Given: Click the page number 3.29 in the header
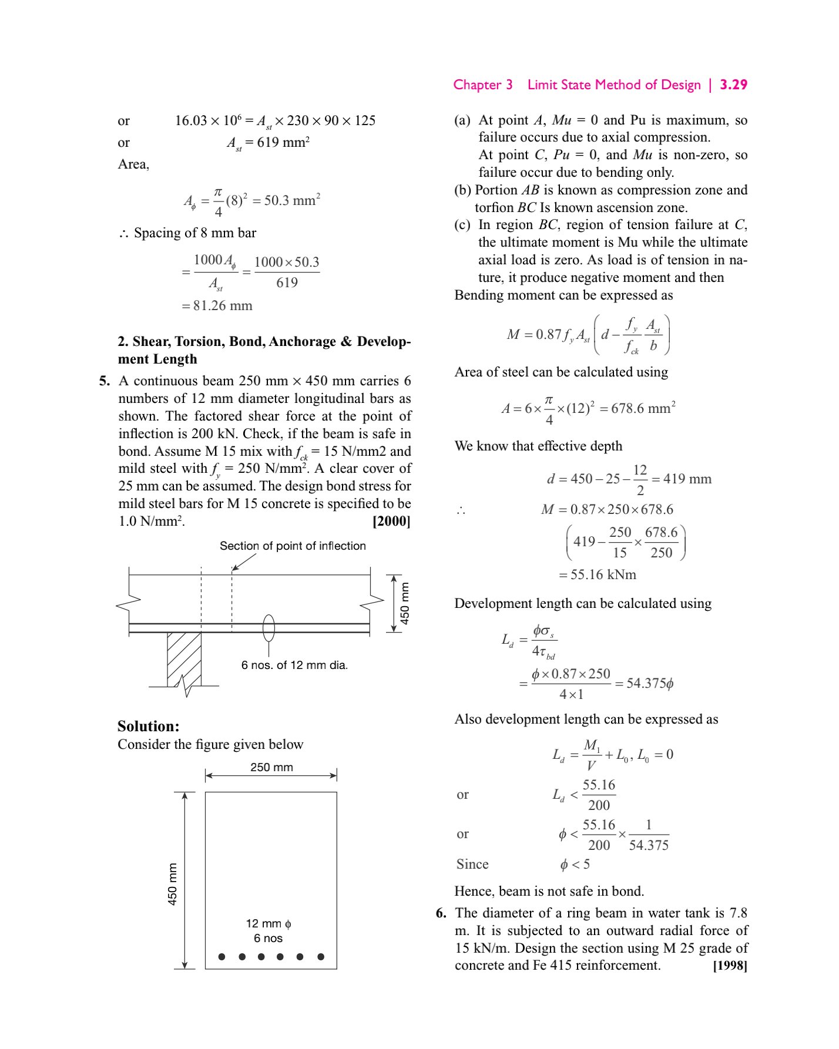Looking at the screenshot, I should tap(733, 85).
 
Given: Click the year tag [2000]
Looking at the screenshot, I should tap(391, 521).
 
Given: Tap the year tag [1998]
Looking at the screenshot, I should tap(730, 966).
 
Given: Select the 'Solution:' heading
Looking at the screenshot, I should tap(148, 726).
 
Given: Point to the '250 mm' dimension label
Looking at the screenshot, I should tap(271, 767).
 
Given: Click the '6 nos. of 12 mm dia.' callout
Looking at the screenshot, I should tap(294, 665).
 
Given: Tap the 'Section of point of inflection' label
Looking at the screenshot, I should tap(293, 546).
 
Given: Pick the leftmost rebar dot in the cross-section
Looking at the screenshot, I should tap(222, 957).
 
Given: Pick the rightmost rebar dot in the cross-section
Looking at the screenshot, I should tap(321, 957).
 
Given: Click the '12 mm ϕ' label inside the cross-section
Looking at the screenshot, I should tap(269, 923).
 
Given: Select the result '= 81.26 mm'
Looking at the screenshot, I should tap(217, 305).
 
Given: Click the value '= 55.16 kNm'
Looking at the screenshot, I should tap(598, 574).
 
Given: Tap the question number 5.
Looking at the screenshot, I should tap(105, 381).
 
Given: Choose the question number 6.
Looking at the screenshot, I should tap(441, 913).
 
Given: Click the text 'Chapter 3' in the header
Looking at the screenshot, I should tap(482, 85).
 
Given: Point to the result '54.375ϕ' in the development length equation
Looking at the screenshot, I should tap(650, 683).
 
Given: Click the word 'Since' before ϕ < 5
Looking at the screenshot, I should tap(472, 864).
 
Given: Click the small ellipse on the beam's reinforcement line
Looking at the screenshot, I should tap(269, 628).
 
